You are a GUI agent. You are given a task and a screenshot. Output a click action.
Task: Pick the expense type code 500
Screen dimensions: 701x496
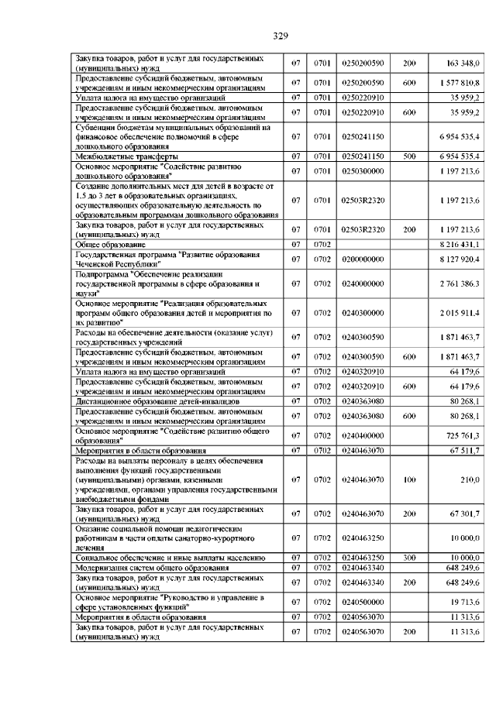pos(409,156)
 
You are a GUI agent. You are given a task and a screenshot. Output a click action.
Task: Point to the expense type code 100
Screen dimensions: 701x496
pos(409,480)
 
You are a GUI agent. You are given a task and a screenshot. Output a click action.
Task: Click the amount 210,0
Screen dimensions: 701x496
pos(470,480)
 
